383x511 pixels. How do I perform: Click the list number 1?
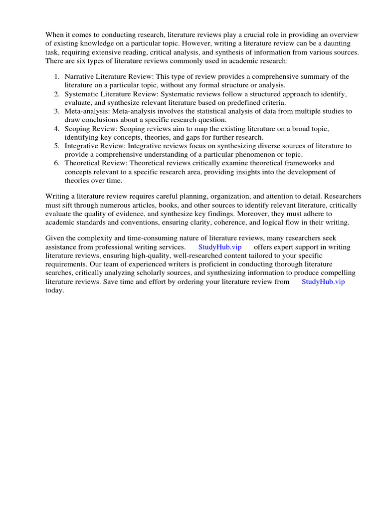click(x=56, y=76)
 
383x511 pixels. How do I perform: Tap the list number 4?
click(x=56, y=129)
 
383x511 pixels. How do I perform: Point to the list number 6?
click(x=56, y=163)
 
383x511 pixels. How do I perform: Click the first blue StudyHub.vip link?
click(x=220, y=247)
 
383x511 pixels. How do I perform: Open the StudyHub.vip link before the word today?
click(x=323, y=281)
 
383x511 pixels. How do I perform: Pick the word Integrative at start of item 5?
click(x=82, y=146)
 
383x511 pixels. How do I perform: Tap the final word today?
click(x=55, y=290)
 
